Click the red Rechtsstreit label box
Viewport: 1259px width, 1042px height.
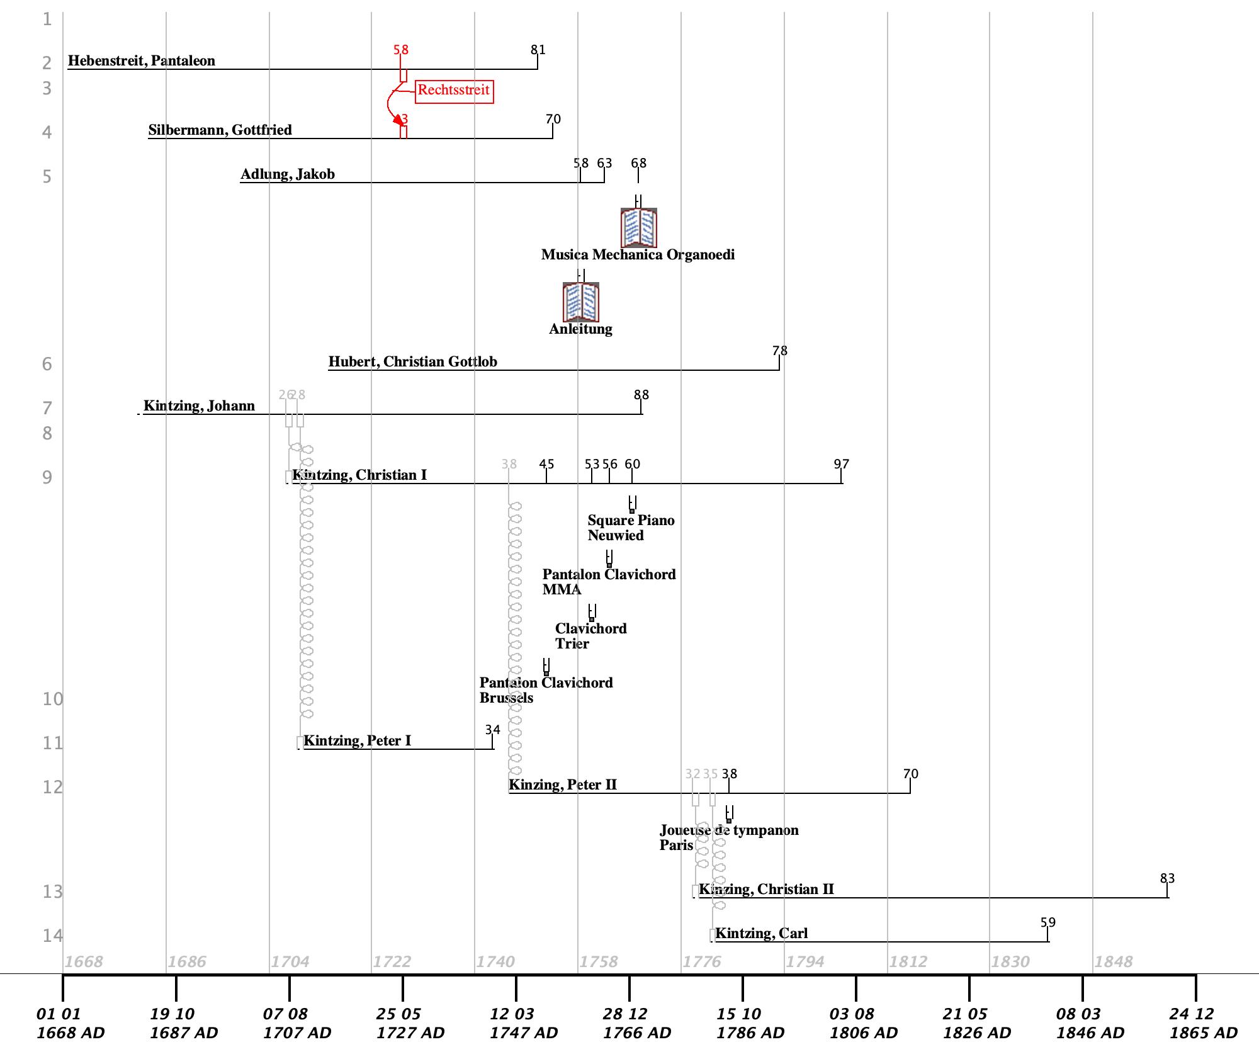(x=454, y=91)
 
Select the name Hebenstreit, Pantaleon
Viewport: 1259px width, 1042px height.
(x=142, y=61)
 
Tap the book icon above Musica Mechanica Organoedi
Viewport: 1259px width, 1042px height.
(x=639, y=227)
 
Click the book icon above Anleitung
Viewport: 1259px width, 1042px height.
(x=580, y=302)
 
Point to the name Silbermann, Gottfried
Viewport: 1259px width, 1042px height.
(x=220, y=130)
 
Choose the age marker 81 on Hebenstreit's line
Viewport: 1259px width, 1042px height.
(x=538, y=50)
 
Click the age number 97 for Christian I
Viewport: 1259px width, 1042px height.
(x=842, y=465)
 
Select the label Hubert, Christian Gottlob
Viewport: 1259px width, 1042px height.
(x=413, y=362)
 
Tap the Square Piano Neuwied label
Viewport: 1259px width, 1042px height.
(x=631, y=528)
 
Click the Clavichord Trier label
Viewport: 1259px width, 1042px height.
(x=590, y=636)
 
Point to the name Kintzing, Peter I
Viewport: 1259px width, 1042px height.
(x=357, y=741)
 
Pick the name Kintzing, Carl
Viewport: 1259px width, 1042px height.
(x=761, y=934)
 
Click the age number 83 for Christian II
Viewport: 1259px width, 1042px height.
(x=1167, y=879)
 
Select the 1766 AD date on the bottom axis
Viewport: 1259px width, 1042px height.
(x=637, y=1024)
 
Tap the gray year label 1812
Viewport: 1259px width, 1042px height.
(x=908, y=962)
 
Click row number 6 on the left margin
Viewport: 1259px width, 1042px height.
(x=47, y=365)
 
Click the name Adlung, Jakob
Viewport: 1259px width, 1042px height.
(x=288, y=174)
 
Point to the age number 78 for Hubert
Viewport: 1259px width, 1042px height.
(x=780, y=351)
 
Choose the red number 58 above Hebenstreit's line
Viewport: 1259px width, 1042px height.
(x=401, y=50)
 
